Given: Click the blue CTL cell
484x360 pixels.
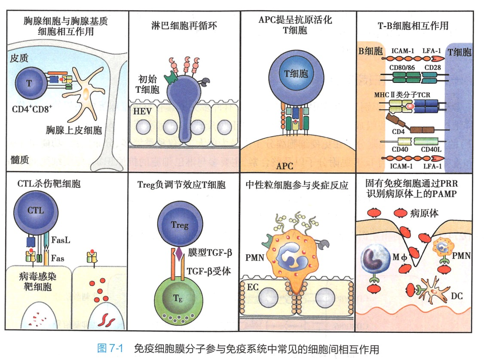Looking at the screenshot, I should tap(36, 211).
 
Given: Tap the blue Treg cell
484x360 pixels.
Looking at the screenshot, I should tap(180, 224).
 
